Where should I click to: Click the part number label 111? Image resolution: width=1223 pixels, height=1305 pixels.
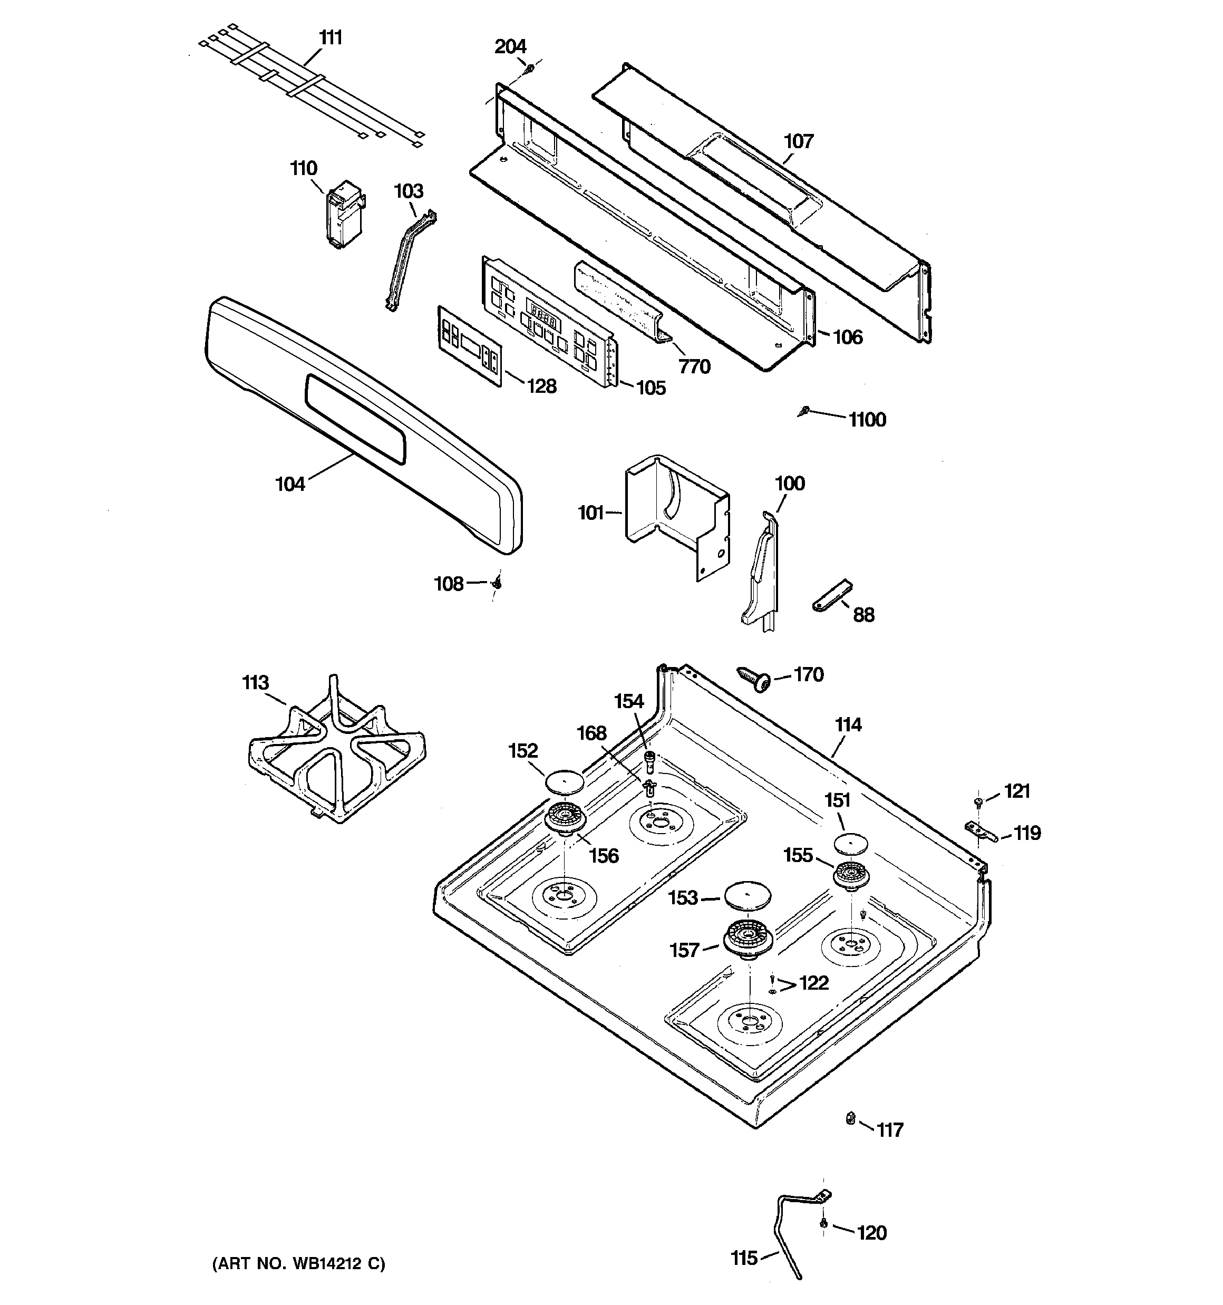331,38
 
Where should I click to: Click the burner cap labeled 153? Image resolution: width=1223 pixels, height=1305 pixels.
747,895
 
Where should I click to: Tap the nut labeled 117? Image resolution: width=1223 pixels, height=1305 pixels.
849,1117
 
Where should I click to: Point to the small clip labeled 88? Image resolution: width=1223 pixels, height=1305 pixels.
831,596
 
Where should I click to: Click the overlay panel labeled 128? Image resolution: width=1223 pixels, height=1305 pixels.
469,344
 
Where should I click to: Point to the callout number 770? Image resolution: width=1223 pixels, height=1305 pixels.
695,366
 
